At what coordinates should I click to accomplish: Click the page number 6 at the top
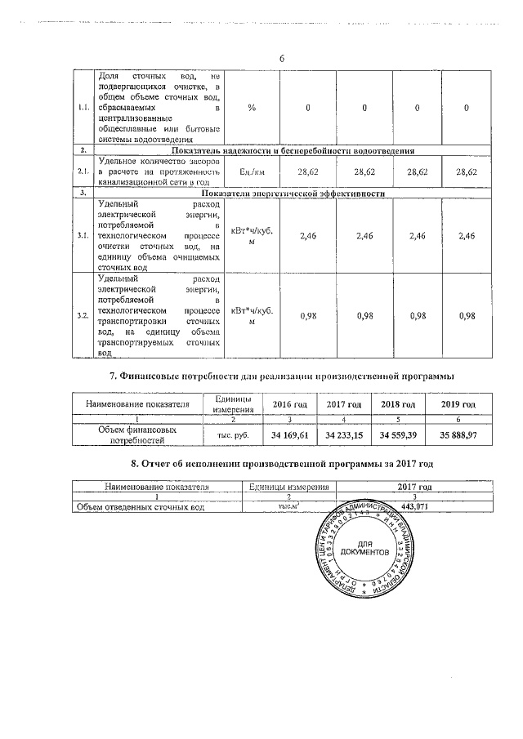(x=281, y=59)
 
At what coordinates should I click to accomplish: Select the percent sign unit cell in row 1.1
(x=252, y=109)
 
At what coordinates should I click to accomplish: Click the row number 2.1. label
(x=83, y=172)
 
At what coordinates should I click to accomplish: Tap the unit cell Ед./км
(x=252, y=172)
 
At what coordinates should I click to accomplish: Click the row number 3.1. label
(x=83, y=236)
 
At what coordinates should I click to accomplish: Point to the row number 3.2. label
(x=83, y=315)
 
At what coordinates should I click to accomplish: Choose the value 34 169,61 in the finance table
(x=290, y=435)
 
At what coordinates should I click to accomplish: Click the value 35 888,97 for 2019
(x=457, y=435)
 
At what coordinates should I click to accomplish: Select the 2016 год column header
(x=290, y=404)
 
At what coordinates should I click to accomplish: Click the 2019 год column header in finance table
(x=457, y=404)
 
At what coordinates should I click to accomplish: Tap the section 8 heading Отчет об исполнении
(x=281, y=464)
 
